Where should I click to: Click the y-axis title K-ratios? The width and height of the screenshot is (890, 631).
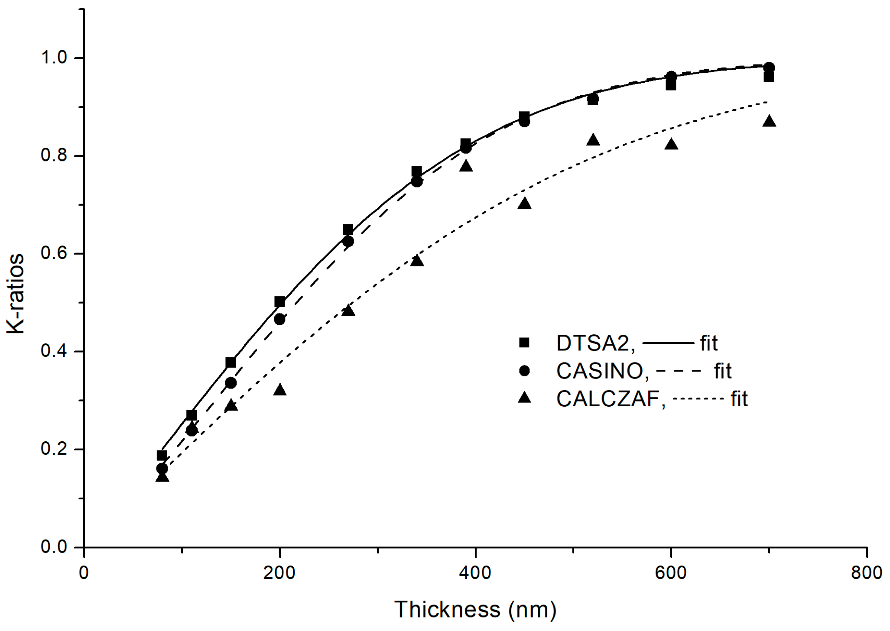click(16, 294)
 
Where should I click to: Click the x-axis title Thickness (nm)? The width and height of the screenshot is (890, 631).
click(475, 609)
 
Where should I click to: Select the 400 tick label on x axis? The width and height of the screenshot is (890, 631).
click(475, 573)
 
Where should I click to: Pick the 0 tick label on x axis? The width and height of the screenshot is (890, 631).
click(84, 573)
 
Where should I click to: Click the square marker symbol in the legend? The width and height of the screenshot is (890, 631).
click(524, 343)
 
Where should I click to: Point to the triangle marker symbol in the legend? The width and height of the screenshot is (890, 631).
click(524, 398)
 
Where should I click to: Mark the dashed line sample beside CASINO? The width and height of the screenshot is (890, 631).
click(679, 371)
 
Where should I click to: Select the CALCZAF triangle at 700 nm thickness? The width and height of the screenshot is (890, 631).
click(769, 121)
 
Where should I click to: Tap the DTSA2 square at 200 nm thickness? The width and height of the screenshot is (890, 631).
click(279, 302)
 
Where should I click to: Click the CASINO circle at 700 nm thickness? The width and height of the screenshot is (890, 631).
click(769, 68)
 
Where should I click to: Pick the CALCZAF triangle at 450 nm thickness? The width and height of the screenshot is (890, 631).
click(524, 203)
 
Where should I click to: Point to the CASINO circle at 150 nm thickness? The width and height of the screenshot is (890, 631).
click(231, 383)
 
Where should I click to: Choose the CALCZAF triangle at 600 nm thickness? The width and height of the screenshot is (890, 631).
click(671, 144)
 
